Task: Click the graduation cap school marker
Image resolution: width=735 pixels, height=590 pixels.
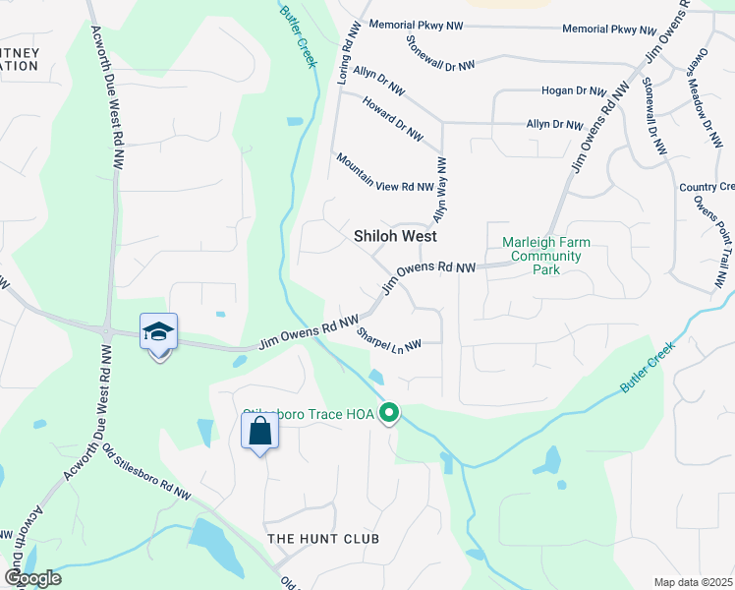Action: point(158,331)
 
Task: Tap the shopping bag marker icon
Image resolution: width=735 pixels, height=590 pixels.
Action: point(259,430)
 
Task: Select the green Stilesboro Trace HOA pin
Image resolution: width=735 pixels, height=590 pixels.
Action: point(390,413)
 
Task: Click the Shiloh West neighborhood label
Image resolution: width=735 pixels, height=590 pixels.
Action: point(395,237)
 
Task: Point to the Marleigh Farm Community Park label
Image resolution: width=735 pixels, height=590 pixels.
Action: point(541,256)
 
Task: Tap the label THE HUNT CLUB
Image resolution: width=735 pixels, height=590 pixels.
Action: point(323,539)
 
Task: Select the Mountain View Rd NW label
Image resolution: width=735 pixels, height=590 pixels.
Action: point(383,172)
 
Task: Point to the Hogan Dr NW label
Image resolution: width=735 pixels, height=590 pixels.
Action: point(574,90)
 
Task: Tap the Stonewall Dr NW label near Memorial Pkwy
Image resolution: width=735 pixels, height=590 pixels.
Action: point(439,52)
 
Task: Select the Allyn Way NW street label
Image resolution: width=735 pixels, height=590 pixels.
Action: point(441,189)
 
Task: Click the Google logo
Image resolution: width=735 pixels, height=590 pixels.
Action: point(32,578)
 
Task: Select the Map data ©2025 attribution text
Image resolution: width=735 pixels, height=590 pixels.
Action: point(692,582)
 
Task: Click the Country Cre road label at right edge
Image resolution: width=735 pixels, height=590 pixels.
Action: point(707,187)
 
